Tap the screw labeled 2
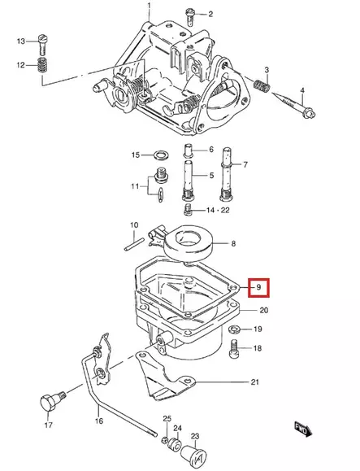click(189, 13)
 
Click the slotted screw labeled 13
click(42, 40)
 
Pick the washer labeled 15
click(161, 154)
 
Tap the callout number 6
click(210, 150)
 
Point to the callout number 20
click(264, 311)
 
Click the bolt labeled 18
click(235, 348)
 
